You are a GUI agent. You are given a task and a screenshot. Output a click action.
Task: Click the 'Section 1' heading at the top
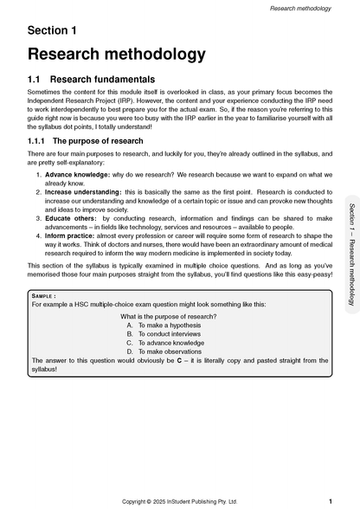coord(52,30)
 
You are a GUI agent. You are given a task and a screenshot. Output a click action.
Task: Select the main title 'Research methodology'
coord(116,55)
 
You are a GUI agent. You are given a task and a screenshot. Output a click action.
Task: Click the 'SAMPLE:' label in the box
coord(45,297)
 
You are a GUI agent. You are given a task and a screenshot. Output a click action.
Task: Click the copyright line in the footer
coord(177,501)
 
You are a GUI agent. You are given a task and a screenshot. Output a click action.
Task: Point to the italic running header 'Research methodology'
coord(301,7)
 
